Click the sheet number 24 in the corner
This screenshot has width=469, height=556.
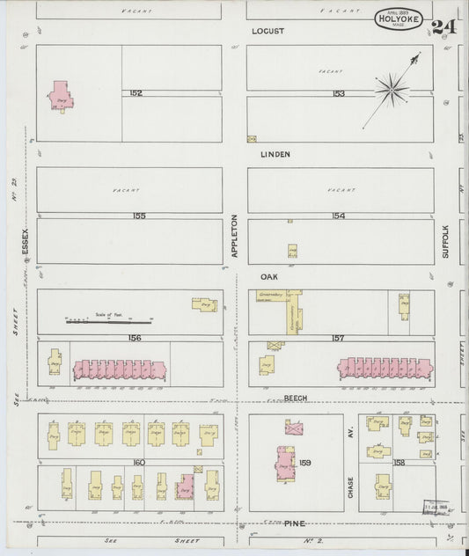pyautogui.click(x=445, y=25)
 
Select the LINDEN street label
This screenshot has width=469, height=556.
pyautogui.click(x=275, y=153)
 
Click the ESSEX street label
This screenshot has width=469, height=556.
pyautogui.click(x=26, y=239)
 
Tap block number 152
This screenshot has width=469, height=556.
pyautogui.click(x=136, y=93)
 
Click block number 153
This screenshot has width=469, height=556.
pyautogui.click(x=339, y=93)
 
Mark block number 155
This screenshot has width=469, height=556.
pyautogui.click(x=138, y=216)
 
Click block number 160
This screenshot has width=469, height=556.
pyautogui.click(x=138, y=460)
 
